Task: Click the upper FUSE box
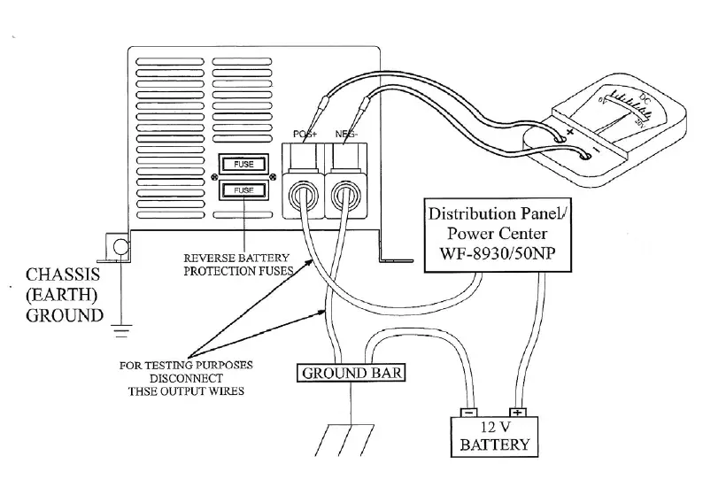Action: pos(243,165)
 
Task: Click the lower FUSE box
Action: pos(243,189)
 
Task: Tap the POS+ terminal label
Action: pos(305,134)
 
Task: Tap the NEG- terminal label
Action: pos(346,134)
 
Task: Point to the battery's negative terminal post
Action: pos(468,412)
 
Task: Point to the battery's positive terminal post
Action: pos(517,412)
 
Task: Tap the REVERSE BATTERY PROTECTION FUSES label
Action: pos(238,265)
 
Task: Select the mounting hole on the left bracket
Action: pos(119,246)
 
